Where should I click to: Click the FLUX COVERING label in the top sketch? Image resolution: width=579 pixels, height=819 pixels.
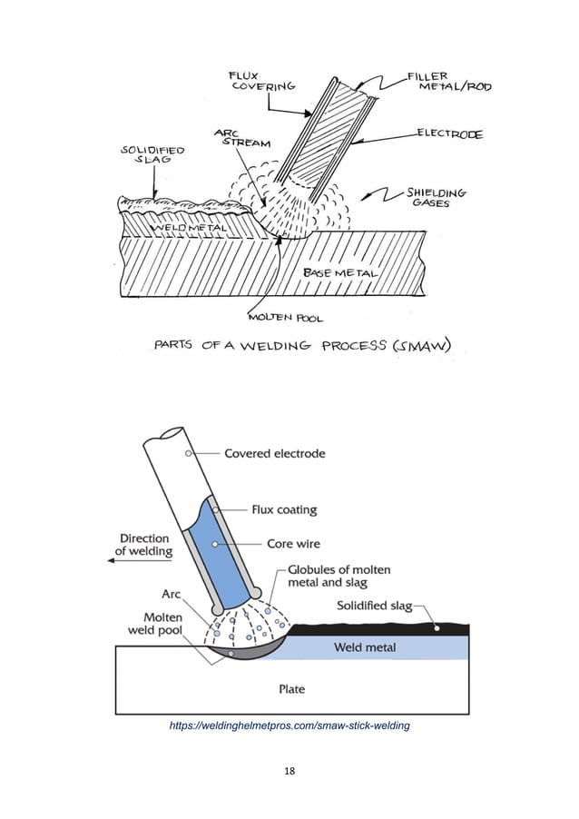263,80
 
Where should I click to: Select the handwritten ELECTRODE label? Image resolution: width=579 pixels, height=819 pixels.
450,134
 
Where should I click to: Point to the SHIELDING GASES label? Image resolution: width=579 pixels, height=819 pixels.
437,198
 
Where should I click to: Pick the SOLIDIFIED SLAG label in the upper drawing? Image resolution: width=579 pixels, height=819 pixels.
152,155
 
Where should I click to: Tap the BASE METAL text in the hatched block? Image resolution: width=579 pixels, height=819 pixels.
339,272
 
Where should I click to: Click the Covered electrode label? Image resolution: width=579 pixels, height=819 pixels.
275,453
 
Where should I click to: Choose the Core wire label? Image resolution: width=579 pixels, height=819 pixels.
291,544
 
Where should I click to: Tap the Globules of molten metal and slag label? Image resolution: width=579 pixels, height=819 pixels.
339,576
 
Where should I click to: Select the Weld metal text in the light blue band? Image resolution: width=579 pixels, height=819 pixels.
365,647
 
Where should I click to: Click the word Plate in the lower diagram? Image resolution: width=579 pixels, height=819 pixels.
291,689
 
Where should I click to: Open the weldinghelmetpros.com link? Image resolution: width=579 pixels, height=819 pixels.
289,725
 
